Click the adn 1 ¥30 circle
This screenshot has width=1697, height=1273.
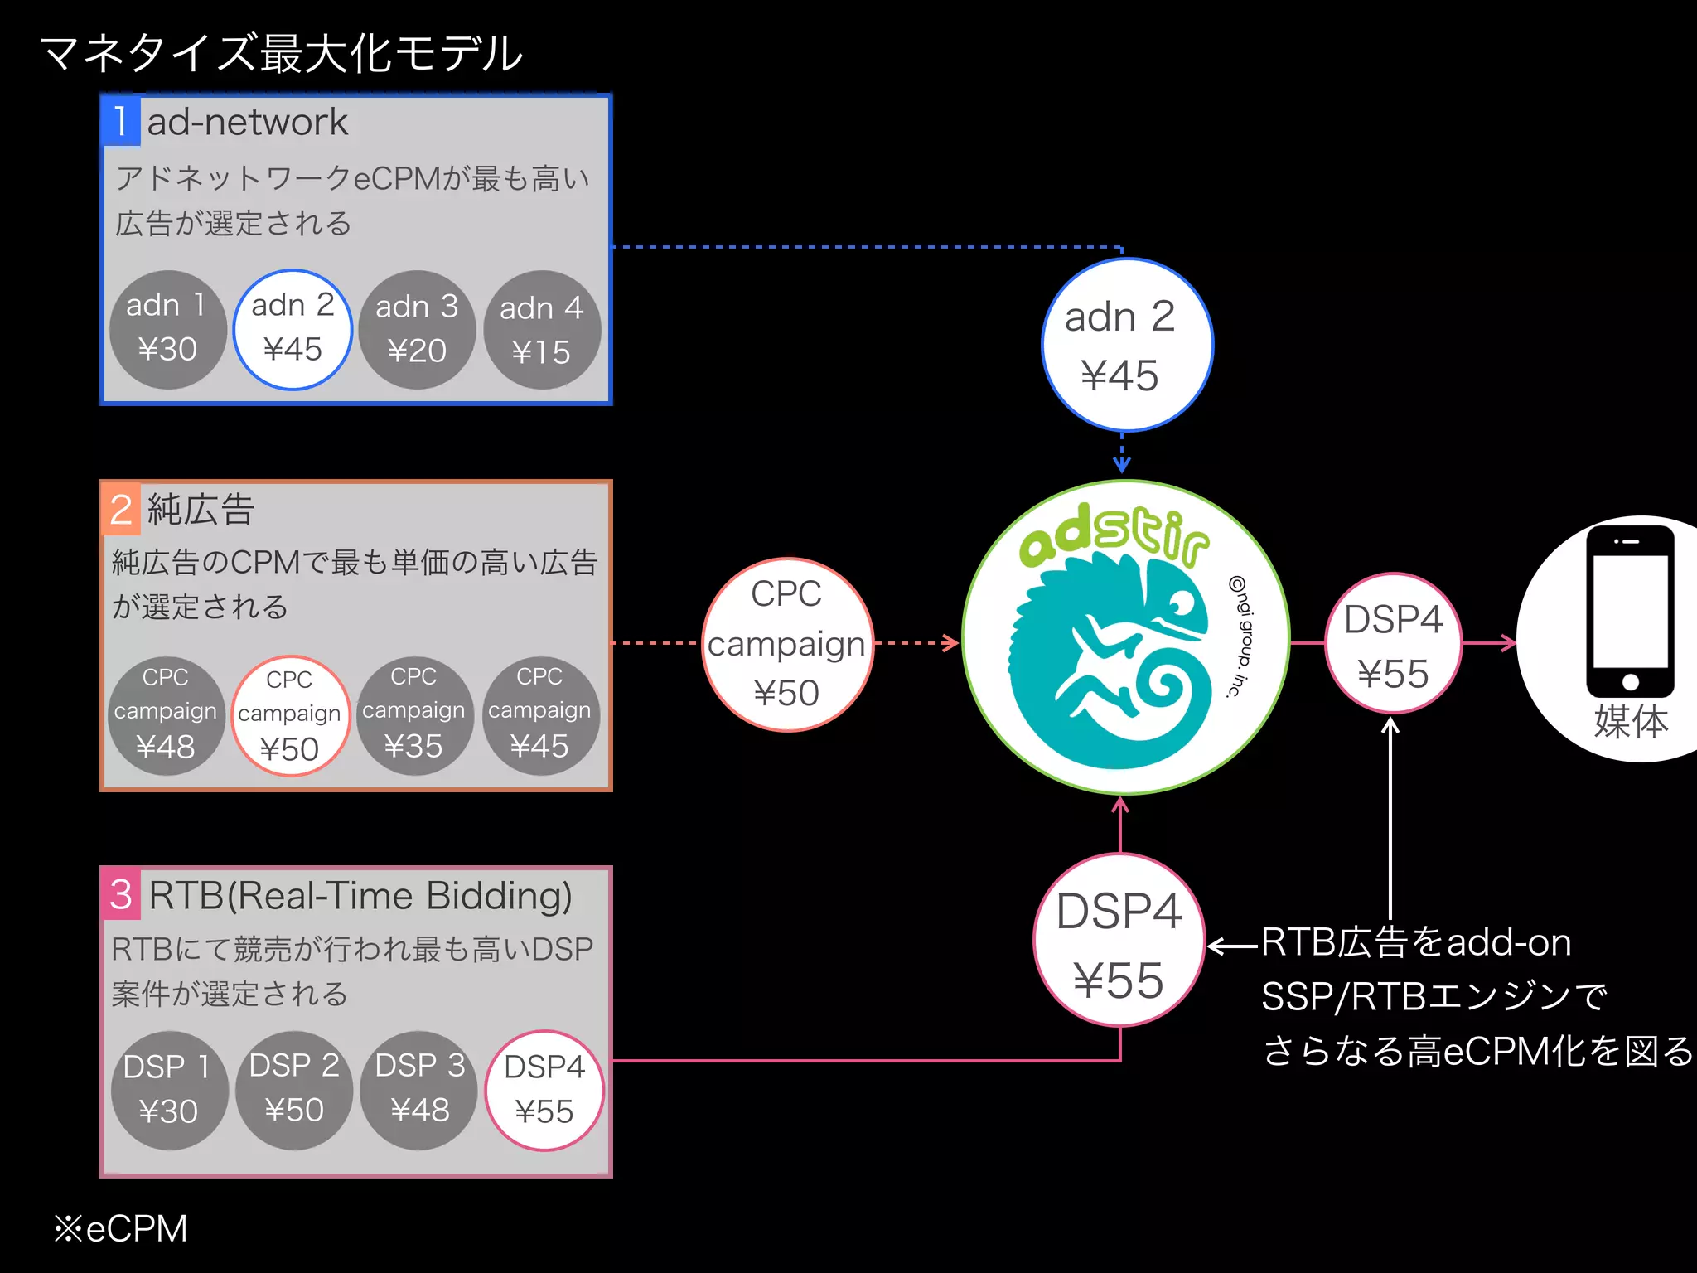168,330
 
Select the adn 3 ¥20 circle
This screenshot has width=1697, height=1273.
417,330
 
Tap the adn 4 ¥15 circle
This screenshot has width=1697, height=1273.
542,330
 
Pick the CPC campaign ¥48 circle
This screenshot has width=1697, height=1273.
166,715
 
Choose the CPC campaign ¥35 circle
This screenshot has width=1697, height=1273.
413,715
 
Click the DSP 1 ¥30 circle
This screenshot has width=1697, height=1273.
169,1091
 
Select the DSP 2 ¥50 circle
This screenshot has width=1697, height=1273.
294,1091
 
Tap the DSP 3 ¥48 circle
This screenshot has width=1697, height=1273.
419,1091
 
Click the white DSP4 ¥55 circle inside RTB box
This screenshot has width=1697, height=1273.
544,1091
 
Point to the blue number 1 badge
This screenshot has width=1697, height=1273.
121,121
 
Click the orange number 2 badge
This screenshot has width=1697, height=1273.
121,509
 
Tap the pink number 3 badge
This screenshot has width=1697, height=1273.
121,894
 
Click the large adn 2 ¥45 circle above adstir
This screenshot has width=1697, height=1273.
1127,345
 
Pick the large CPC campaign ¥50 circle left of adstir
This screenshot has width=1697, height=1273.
787,644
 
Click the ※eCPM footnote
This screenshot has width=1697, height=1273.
121,1228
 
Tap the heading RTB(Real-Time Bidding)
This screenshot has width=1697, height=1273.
360,896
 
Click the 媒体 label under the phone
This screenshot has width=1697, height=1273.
1631,721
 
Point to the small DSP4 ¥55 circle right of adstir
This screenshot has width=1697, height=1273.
1393,644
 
